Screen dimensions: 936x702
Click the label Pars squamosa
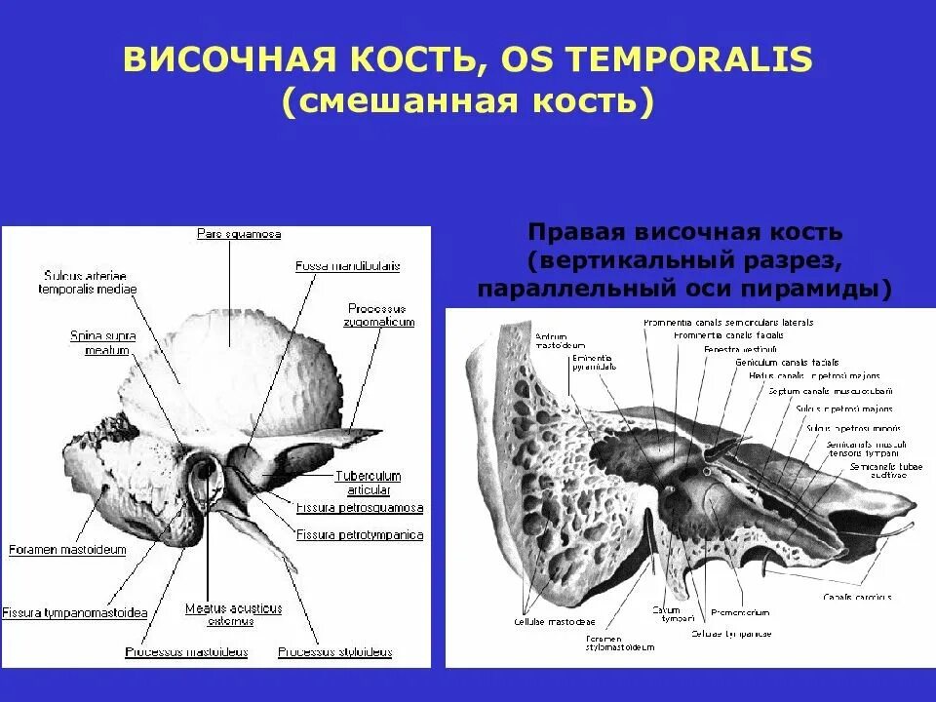(238, 234)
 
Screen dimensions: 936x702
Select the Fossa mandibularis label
(347, 265)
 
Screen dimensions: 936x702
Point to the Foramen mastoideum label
(67, 550)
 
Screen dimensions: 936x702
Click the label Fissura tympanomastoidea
(74, 612)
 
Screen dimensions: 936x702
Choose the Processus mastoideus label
(186, 651)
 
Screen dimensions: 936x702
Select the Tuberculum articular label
(368, 483)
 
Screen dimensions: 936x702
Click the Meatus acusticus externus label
(233, 614)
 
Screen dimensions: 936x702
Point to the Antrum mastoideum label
(559, 341)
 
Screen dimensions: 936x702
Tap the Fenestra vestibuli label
(740, 348)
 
